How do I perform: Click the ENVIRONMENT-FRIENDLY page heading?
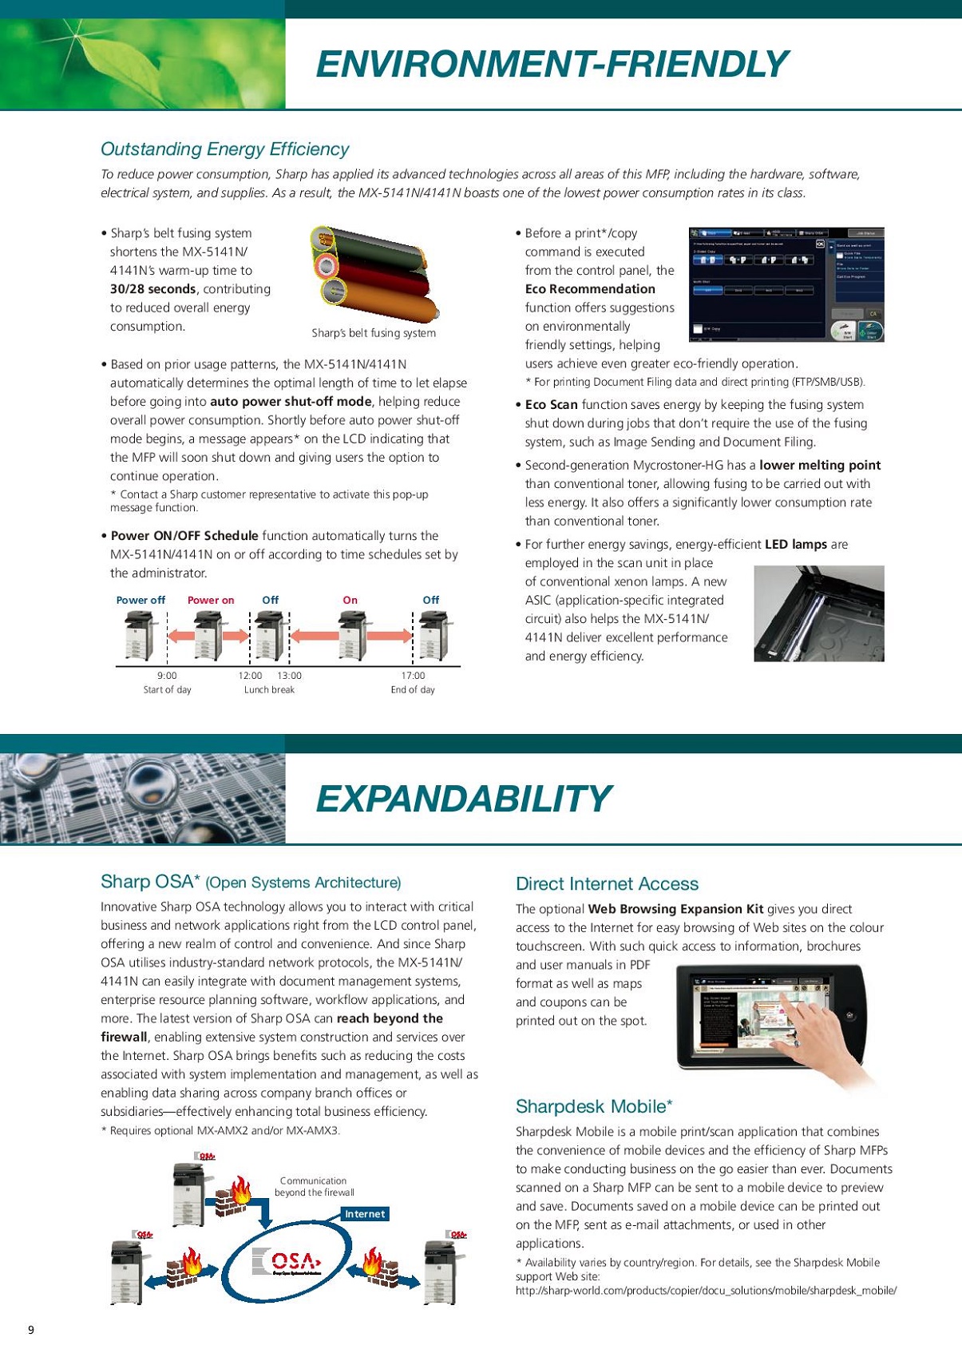click(x=552, y=64)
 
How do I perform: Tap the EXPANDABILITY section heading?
click(x=463, y=799)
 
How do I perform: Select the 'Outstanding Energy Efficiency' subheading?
click(x=224, y=149)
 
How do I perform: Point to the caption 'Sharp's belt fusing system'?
click(x=374, y=333)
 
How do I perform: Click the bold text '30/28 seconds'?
click(x=152, y=289)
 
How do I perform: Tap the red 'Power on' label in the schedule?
click(x=211, y=600)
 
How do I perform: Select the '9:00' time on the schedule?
click(x=167, y=676)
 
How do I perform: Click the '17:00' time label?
click(x=413, y=676)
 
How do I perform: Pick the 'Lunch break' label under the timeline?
click(x=269, y=690)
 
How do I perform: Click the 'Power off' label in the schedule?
click(x=141, y=600)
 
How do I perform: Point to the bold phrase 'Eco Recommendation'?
click(x=590, y=289)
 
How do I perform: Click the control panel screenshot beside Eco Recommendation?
click(x=786, y=285)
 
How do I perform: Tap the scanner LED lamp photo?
click(x=818, y=613)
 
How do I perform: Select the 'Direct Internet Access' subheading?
click(x=607, y=884)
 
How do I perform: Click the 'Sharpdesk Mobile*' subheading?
click(x=594, y=1106)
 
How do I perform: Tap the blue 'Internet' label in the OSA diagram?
click(x=365, y=1214)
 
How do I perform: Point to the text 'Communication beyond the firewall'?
click(x=314, y=1186)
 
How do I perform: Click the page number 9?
click(x=31, y=1330)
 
